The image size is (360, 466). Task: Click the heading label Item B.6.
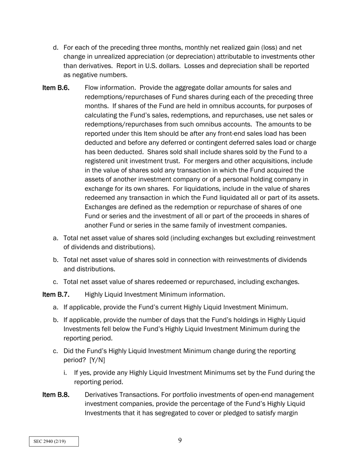(56, 88)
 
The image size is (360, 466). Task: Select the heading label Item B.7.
(56, 294)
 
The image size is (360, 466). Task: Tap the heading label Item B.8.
(56, 395)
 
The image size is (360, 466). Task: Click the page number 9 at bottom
(180, 440)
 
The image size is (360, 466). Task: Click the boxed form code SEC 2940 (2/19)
(54, 441)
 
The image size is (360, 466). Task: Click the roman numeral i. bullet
(65, 372)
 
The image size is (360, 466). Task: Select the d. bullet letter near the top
(56, 48)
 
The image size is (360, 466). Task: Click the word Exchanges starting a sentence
(101, 207)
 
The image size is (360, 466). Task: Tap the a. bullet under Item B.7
(56, 307)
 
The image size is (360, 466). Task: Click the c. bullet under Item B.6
(56, 282)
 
